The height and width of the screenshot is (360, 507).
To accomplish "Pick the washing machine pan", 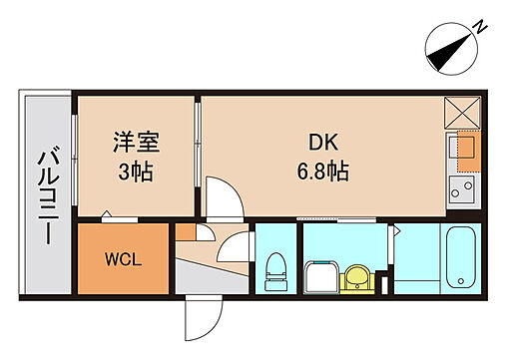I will coord(320,273).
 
